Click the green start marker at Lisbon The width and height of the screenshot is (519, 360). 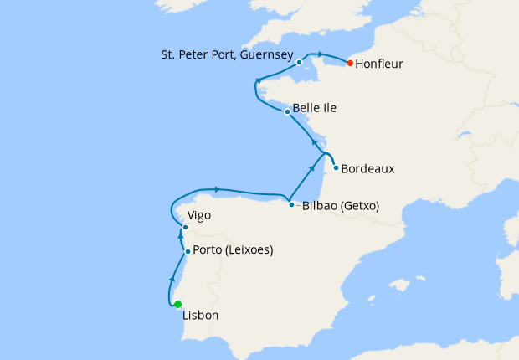[x=177, y=305]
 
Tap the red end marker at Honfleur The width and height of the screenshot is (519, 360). [x=349, y=63]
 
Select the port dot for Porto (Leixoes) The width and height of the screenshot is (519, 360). [x=188, y=251]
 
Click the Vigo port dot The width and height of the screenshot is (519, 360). [x=185, y=227]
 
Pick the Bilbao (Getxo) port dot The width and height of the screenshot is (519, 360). [x=291, y=205]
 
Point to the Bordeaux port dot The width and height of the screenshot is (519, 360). [x=336, y=167]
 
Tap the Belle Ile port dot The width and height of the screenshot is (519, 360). [x=287, y=111]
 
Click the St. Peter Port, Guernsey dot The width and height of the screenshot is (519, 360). [x=299, y=62]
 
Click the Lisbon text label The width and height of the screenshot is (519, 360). [x=201, y=316]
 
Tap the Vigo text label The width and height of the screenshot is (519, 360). [x=199, y=215]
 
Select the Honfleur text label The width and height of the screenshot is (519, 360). [x=381, y=63]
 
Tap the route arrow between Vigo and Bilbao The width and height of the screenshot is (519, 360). [x=217, y=188]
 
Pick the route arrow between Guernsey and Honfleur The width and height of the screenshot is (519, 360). [x=319, y=55]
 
